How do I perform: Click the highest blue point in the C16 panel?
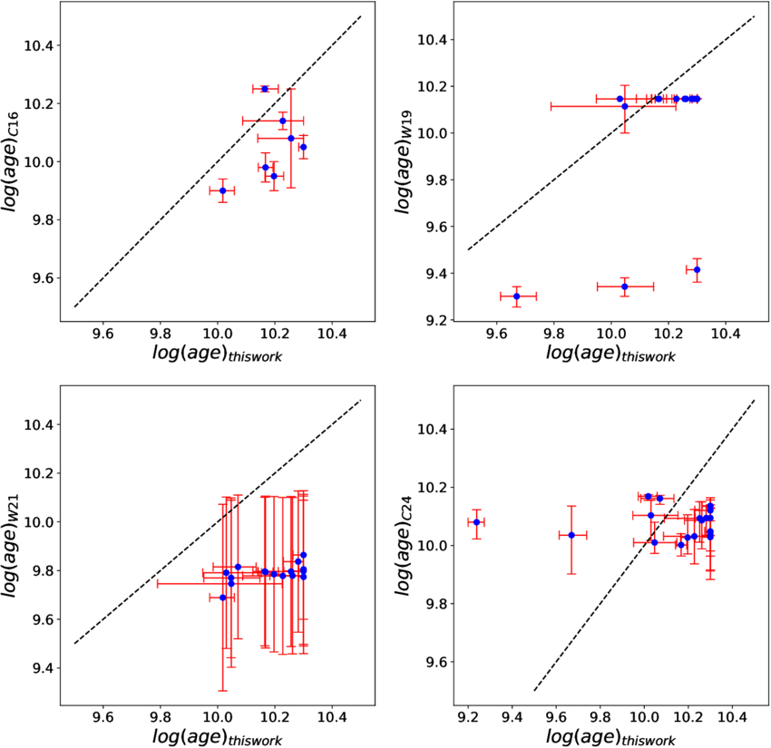coord(265,89)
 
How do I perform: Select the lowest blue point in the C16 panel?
coord(222,190)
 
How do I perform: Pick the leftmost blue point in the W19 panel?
coord(517,296)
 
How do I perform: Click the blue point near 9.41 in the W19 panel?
coord(697,269)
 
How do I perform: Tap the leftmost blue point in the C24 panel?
coord(477,521)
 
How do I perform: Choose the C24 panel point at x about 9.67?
coord(571,535)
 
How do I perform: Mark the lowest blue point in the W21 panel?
coord(222,597)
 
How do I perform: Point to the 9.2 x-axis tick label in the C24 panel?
coord(468,710)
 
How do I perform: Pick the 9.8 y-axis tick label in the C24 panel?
coord(436,603)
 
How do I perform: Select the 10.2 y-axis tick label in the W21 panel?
coord(41,473)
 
